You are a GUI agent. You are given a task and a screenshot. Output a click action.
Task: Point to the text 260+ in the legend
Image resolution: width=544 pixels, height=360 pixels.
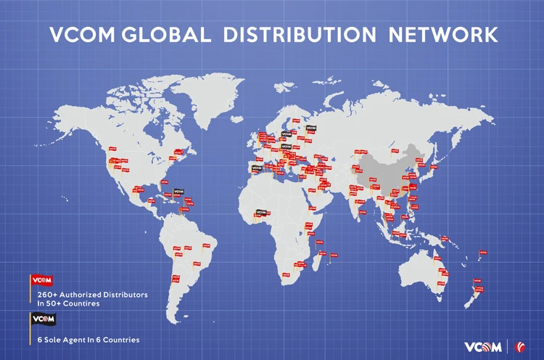[47, 295]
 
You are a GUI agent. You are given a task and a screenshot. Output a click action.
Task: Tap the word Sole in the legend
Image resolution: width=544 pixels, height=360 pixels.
[57, 340]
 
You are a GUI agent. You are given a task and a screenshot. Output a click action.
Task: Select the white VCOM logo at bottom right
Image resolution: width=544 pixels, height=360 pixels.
[482, 346]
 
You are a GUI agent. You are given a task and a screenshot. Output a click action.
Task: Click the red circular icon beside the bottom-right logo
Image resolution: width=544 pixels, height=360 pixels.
[519, 346]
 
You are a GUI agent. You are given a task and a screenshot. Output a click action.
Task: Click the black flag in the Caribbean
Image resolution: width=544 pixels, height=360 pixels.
[178, 193]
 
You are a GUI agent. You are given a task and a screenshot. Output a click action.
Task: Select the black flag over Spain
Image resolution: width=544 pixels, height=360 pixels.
[256, 168]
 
